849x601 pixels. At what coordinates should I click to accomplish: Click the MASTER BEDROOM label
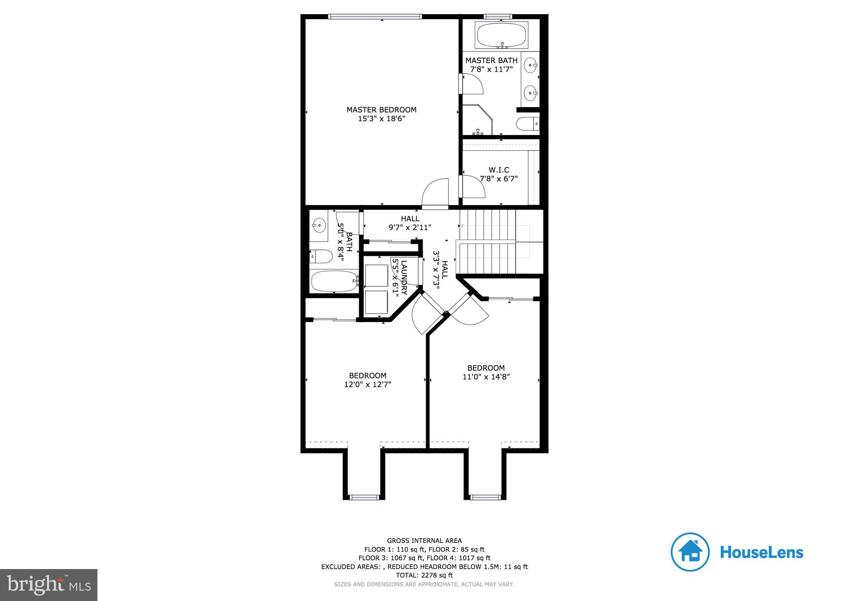[381, 110]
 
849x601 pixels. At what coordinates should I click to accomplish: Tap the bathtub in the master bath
[502, 36]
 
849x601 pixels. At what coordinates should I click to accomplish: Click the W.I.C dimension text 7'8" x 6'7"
[499, 179]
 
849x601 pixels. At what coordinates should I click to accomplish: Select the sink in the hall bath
[319, 225]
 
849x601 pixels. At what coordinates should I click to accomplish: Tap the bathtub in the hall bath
[334, 281]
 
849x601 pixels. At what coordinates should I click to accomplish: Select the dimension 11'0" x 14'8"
[486, 377]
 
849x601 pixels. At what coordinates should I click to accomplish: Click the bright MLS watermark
[49, 585]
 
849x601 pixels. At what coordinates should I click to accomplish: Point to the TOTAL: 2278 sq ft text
[424, 575]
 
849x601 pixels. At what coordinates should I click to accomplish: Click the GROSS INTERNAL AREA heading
[424, 540]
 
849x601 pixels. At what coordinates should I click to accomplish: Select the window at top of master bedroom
[375, 17]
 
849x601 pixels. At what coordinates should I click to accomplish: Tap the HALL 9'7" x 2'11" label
[410, 223]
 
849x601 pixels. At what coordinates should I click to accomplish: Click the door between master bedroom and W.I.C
[473, 187]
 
